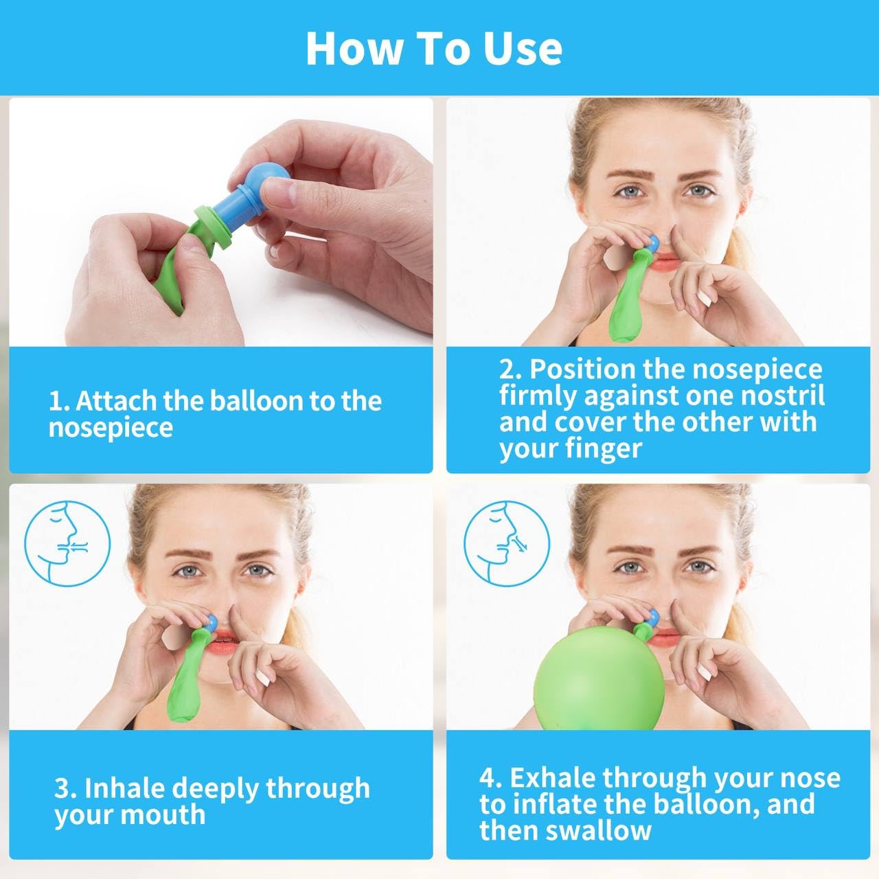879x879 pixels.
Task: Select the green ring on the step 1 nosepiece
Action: coord(212,227)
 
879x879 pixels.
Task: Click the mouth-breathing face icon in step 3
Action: coord(67,543)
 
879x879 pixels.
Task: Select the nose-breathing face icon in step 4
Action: coord(507,543)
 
